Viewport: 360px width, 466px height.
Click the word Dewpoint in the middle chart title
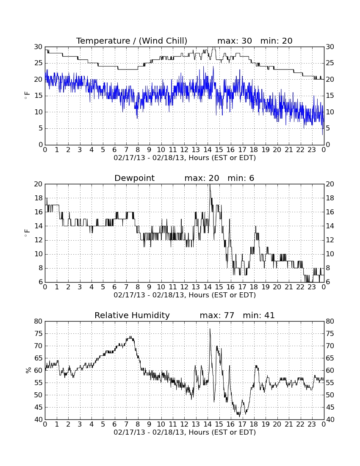134,178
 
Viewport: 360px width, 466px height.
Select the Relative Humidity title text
132,315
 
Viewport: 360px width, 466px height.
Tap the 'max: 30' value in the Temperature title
235,41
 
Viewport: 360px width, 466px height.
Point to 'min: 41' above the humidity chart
259,315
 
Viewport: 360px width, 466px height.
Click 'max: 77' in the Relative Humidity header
217,315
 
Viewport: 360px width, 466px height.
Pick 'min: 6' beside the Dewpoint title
241,178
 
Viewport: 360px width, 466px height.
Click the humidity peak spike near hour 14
210,329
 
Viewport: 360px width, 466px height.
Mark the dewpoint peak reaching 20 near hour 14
210,185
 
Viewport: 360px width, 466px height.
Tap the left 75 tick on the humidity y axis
39,334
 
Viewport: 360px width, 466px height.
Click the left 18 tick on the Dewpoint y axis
39,198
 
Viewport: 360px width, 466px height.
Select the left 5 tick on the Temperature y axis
41,128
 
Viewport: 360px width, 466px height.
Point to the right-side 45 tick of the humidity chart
330,408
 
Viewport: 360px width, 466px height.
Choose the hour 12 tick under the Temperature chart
184,150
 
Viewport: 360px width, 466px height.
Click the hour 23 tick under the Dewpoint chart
312,287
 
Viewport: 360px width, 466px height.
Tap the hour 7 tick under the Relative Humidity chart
126,424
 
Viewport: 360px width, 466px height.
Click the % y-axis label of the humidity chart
28,370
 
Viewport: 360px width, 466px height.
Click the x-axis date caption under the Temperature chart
185,158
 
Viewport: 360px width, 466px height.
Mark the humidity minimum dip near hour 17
239,416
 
